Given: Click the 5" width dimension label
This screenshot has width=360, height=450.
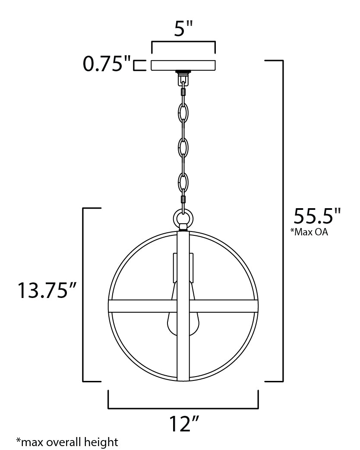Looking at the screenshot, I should point(183,29).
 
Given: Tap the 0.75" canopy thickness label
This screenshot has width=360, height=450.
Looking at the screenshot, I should point(107,65).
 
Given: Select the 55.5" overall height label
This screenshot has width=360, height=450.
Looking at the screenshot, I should point(317,215).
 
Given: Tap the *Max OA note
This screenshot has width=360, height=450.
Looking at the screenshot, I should point(309,232).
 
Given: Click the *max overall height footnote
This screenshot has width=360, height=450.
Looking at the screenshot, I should point(67,442).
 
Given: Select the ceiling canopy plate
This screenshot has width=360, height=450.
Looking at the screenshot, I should point(183,65).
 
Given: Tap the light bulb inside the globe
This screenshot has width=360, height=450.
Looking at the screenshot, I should point(183,320).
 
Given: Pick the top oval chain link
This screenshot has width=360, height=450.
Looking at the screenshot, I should point(183,114).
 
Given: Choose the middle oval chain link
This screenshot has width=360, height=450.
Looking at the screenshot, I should point(183,147).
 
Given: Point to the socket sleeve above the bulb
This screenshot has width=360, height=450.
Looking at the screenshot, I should point(183,267).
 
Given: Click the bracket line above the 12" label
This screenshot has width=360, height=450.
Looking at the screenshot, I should point(183,408).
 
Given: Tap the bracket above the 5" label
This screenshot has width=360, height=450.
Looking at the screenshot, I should point(183,42).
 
